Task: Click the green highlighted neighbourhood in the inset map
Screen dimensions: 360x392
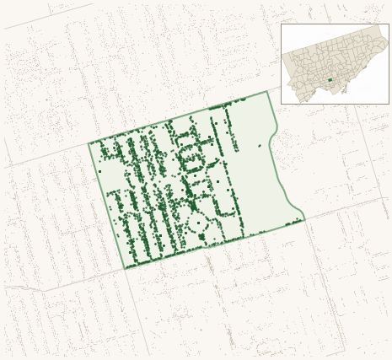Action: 330,80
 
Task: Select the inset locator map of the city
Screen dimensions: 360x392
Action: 335,64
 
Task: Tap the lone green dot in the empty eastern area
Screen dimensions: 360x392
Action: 260,146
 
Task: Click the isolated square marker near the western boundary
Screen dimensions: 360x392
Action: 99,171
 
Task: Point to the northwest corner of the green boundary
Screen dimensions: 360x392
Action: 89,143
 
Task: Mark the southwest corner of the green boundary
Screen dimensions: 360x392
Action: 125,269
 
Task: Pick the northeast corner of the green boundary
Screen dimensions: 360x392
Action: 267,91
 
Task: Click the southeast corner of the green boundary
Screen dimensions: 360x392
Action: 304,220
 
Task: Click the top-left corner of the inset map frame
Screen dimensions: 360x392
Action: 281,24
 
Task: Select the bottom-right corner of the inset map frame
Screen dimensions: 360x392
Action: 389,104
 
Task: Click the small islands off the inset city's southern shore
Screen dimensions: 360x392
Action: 344,91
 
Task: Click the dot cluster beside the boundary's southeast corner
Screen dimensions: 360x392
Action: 293,223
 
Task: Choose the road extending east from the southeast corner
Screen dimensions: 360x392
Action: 346,208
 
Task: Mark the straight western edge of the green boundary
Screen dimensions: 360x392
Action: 106,206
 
